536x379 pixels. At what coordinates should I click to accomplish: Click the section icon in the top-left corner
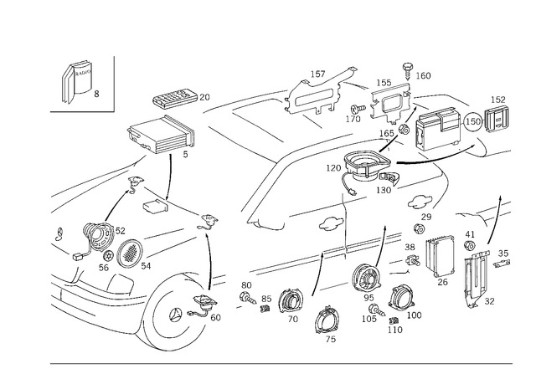77,81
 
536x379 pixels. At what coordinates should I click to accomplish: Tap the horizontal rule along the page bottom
281,361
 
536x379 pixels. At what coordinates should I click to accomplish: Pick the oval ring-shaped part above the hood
157,135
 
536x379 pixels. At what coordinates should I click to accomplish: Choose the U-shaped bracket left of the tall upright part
440,259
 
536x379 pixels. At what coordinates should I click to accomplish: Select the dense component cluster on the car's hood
109,243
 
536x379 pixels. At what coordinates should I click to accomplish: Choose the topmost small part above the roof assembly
408,64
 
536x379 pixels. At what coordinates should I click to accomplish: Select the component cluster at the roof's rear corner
368,167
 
